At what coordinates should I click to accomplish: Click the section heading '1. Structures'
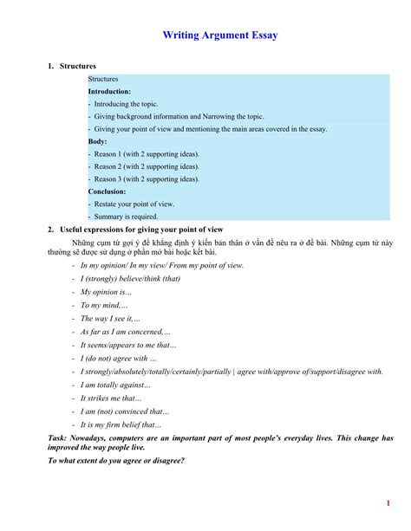pos(71,66)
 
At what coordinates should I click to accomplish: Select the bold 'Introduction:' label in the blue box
pos(109,91)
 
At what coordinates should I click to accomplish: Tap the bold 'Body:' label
pos(97,141)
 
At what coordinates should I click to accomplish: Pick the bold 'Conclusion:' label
pos(107,191)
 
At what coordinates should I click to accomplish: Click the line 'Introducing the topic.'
pos(126,103)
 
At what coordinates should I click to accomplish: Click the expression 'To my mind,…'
pos(104,306)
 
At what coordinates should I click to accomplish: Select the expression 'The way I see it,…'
pos(110,319)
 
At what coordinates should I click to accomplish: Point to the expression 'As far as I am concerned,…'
pos(125,332)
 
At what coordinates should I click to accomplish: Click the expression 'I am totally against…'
pos(115,385)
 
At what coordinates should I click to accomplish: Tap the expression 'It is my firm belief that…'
pos(121,424)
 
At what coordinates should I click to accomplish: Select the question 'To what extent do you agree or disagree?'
pos(116,461)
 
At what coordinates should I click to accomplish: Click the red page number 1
pos(388,504)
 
